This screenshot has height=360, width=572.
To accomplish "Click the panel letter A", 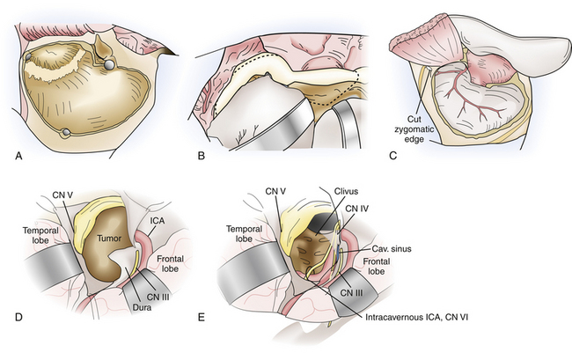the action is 18,156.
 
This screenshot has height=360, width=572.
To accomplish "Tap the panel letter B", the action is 201,156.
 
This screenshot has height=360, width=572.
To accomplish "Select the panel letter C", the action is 393,156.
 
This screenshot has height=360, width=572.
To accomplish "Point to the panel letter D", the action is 18,318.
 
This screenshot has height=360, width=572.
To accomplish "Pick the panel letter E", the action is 201,318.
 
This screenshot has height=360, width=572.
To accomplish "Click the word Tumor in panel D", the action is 109,239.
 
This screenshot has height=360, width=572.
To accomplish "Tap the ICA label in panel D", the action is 157,221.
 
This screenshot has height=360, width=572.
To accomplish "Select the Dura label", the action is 142,307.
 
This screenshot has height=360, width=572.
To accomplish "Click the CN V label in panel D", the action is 63,195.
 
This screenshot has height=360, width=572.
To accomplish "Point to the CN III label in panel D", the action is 158,297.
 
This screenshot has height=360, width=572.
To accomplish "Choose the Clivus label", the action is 346,192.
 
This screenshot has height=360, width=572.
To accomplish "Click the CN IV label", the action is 356,209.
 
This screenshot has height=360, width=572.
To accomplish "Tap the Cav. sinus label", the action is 392,249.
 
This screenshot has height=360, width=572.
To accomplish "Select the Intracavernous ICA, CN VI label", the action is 416,318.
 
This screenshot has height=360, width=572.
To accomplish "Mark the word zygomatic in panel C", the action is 414,129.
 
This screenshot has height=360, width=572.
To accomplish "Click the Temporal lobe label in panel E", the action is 244,234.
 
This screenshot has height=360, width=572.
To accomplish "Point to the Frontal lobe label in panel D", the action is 170,264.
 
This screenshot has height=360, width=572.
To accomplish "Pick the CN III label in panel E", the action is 352,293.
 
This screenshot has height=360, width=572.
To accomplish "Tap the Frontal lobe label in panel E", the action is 376,267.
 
